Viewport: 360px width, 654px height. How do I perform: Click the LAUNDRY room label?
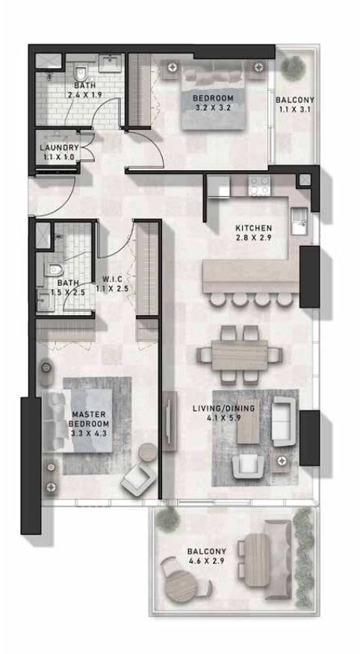point(59,148)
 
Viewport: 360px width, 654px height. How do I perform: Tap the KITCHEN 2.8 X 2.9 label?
point(254,233)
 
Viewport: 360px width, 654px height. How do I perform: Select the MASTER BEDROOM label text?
point(89,419)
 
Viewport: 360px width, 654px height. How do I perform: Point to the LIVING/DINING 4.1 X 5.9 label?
point(223,413)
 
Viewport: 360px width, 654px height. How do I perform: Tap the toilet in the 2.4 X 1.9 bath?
point(80,73)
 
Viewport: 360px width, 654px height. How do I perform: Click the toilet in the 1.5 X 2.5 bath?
point(55,270)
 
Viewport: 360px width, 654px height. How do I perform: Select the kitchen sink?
point(300,221)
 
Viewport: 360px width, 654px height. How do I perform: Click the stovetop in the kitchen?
point(259,186)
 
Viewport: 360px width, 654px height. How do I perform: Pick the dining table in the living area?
point(240,355)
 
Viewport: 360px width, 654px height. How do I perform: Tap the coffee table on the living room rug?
point(247,426)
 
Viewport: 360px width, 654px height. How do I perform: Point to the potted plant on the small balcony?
point(293,66)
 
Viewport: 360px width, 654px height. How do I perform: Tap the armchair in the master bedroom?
point(137,479)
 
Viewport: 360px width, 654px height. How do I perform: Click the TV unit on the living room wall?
point(170,421)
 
